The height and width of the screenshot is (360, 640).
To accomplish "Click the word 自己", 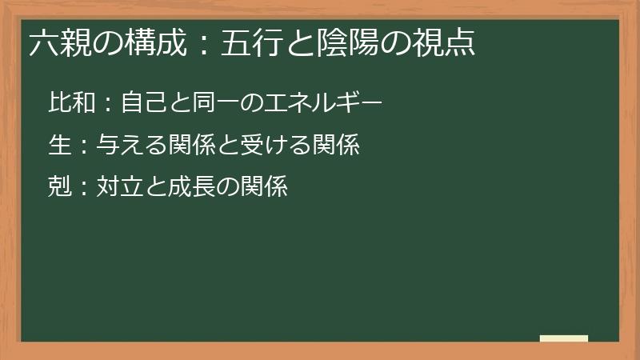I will click(142, 102).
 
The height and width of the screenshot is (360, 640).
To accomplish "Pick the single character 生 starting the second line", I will click(59, 145).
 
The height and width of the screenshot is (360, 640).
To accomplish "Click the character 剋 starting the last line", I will click(59, 187).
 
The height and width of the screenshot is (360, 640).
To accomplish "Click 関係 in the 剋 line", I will click(265, 187).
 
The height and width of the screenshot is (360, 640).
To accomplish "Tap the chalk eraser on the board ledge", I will click(564, 338).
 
